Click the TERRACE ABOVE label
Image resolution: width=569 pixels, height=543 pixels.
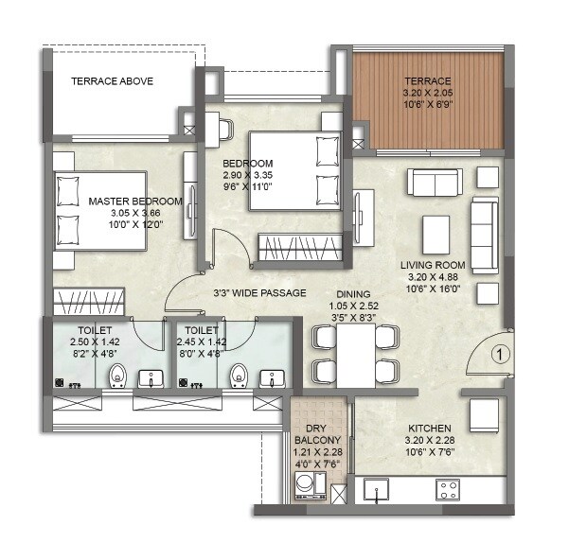click(x=114, y=82)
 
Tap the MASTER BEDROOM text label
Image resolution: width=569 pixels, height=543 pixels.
click(x=134, y=201)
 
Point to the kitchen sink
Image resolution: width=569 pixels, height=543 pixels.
click(x=381, y=490)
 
